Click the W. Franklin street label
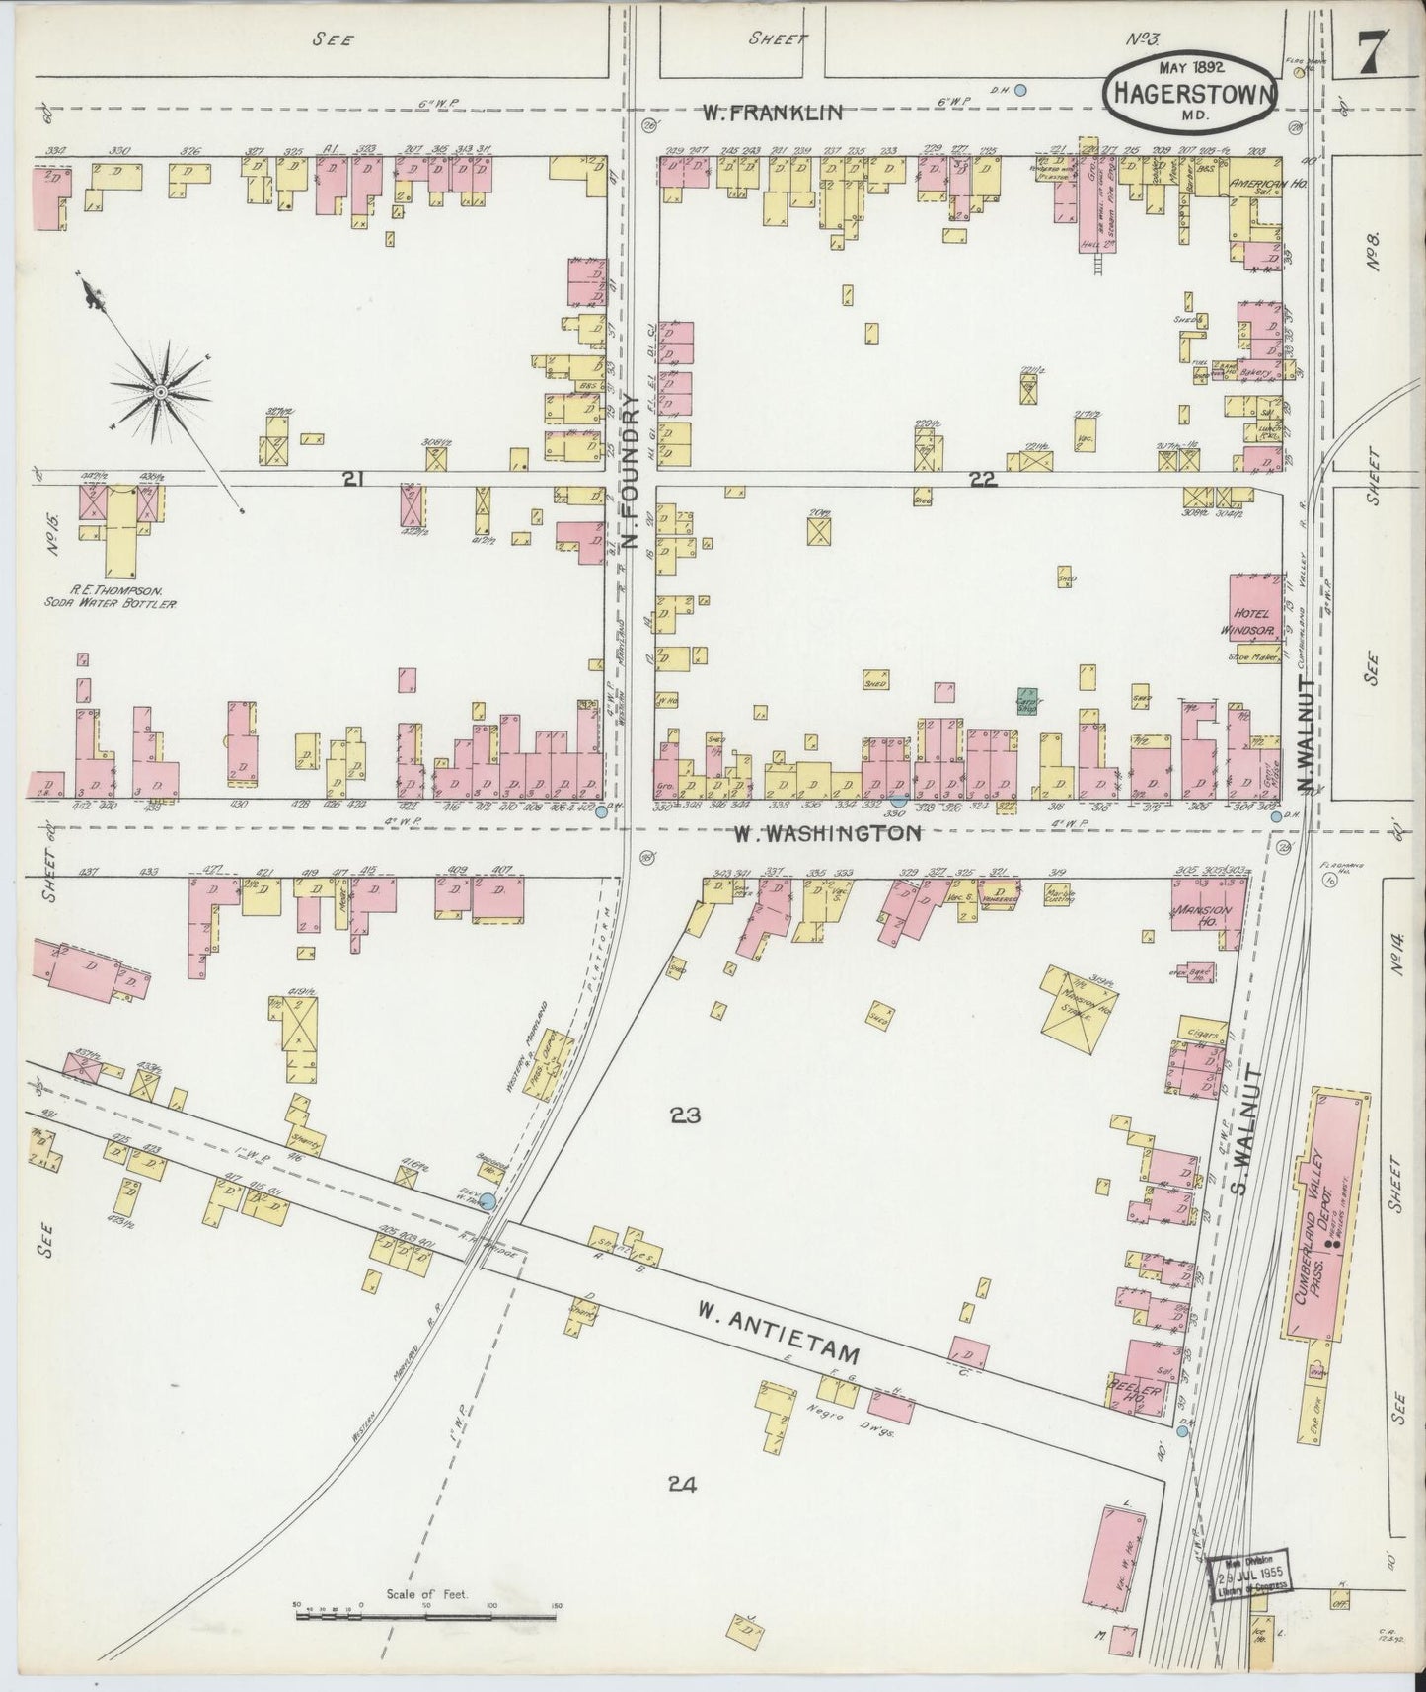[x=773, y=113]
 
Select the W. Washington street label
[x=827, y=834]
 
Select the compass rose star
[x=160, y=393]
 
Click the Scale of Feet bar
[x=426, y=1617]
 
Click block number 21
[x=352, y=480]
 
